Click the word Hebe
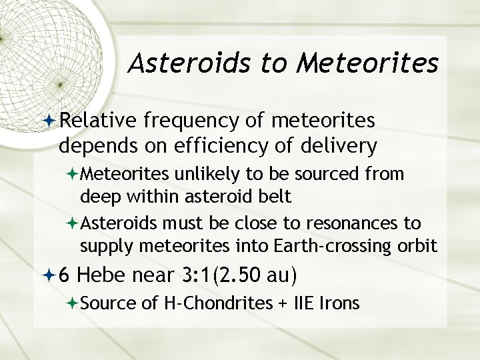coord(111,275)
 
